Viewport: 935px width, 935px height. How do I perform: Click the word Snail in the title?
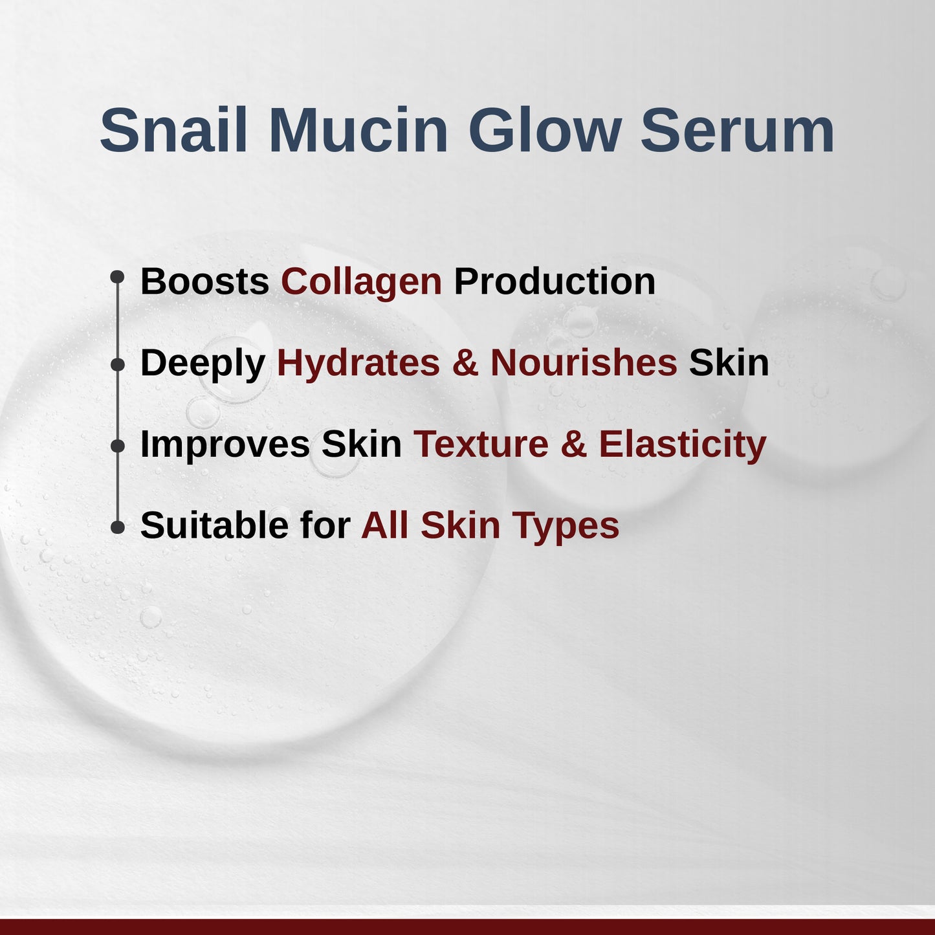(173, 131)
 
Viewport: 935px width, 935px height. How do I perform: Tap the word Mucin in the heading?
(358, 131)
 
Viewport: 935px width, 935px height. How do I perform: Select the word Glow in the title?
(544, 131)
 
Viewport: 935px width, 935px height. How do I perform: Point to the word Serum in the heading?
(737, 131)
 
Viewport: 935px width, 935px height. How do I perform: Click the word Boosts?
(204, 282)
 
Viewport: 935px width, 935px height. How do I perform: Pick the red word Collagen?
(361, 282)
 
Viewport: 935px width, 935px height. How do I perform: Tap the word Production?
(555, 282)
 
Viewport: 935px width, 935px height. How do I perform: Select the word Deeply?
(203, 364)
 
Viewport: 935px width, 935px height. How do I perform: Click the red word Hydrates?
(358, 363)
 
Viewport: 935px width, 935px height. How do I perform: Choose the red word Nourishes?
(584, 363)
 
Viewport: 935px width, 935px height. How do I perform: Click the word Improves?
(225, 445)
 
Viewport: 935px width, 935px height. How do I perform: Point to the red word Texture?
(481, 445)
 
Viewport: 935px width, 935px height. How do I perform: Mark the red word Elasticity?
(682, 445)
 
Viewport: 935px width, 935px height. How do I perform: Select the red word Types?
(566, 526)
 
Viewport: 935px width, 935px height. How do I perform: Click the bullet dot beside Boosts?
(117, 277)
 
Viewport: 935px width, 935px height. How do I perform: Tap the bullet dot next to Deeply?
(117, 365)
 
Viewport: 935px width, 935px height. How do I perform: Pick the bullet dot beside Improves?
(117, 446)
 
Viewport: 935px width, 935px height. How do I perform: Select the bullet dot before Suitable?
(117, 527)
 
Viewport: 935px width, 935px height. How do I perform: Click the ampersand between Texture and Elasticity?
(573, 445)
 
